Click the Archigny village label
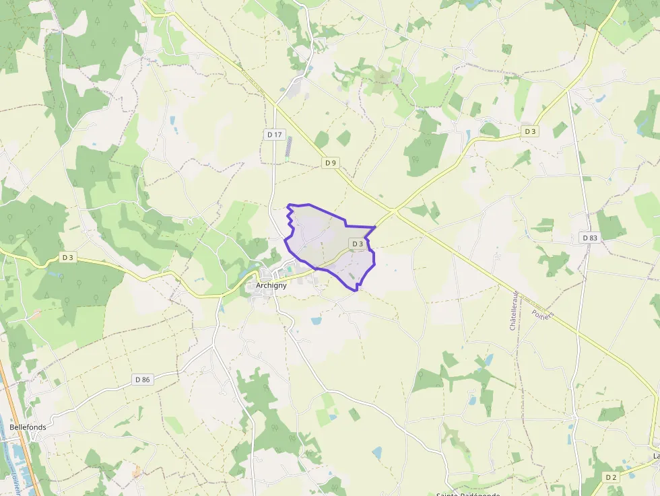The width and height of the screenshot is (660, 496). pos(271,285)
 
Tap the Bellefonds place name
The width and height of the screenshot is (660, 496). pos(28,427)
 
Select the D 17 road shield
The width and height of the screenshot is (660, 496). pos(274,135)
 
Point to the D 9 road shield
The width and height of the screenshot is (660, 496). pos(329,163)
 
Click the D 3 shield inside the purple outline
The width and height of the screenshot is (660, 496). pos(357,244)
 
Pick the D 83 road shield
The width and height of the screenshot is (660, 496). pos(589,238)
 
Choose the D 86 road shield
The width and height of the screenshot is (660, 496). pos(142,380)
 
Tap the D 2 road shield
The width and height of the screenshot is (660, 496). pos(611,477)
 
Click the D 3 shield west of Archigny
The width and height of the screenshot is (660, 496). pos(67,257)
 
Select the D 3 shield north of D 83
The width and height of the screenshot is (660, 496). pos(531,131)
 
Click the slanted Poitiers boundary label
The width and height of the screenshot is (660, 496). pos(542,315)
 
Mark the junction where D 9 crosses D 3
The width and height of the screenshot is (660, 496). pos(394,211)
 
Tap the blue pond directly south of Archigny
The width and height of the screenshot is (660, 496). pos(316,321)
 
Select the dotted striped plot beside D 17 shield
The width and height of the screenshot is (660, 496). pos(289,146)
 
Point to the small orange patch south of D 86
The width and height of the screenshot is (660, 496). pos(137,471)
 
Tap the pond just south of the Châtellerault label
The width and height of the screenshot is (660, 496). pos(489,359)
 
